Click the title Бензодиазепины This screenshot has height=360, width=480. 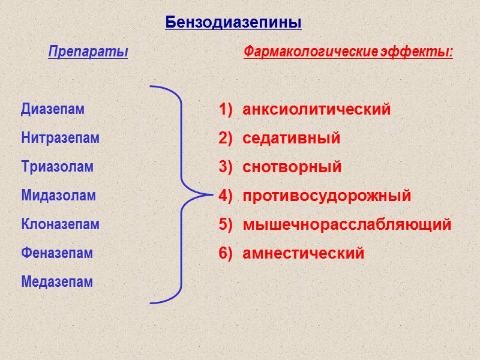233,23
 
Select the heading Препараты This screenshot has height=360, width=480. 88,52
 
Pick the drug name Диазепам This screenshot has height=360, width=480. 53,110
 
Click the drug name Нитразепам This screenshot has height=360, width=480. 60,138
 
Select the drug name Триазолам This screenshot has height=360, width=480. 58,167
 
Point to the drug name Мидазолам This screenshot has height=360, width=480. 58,196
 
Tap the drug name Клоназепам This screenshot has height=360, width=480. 60,224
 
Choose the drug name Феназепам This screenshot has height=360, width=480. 57,253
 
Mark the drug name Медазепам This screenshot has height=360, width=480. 57,281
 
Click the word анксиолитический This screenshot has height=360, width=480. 316,110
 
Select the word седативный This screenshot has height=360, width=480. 291,139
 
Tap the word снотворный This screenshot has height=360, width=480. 292,167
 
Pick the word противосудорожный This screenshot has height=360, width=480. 326,196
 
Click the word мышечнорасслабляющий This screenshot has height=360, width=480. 347,225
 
